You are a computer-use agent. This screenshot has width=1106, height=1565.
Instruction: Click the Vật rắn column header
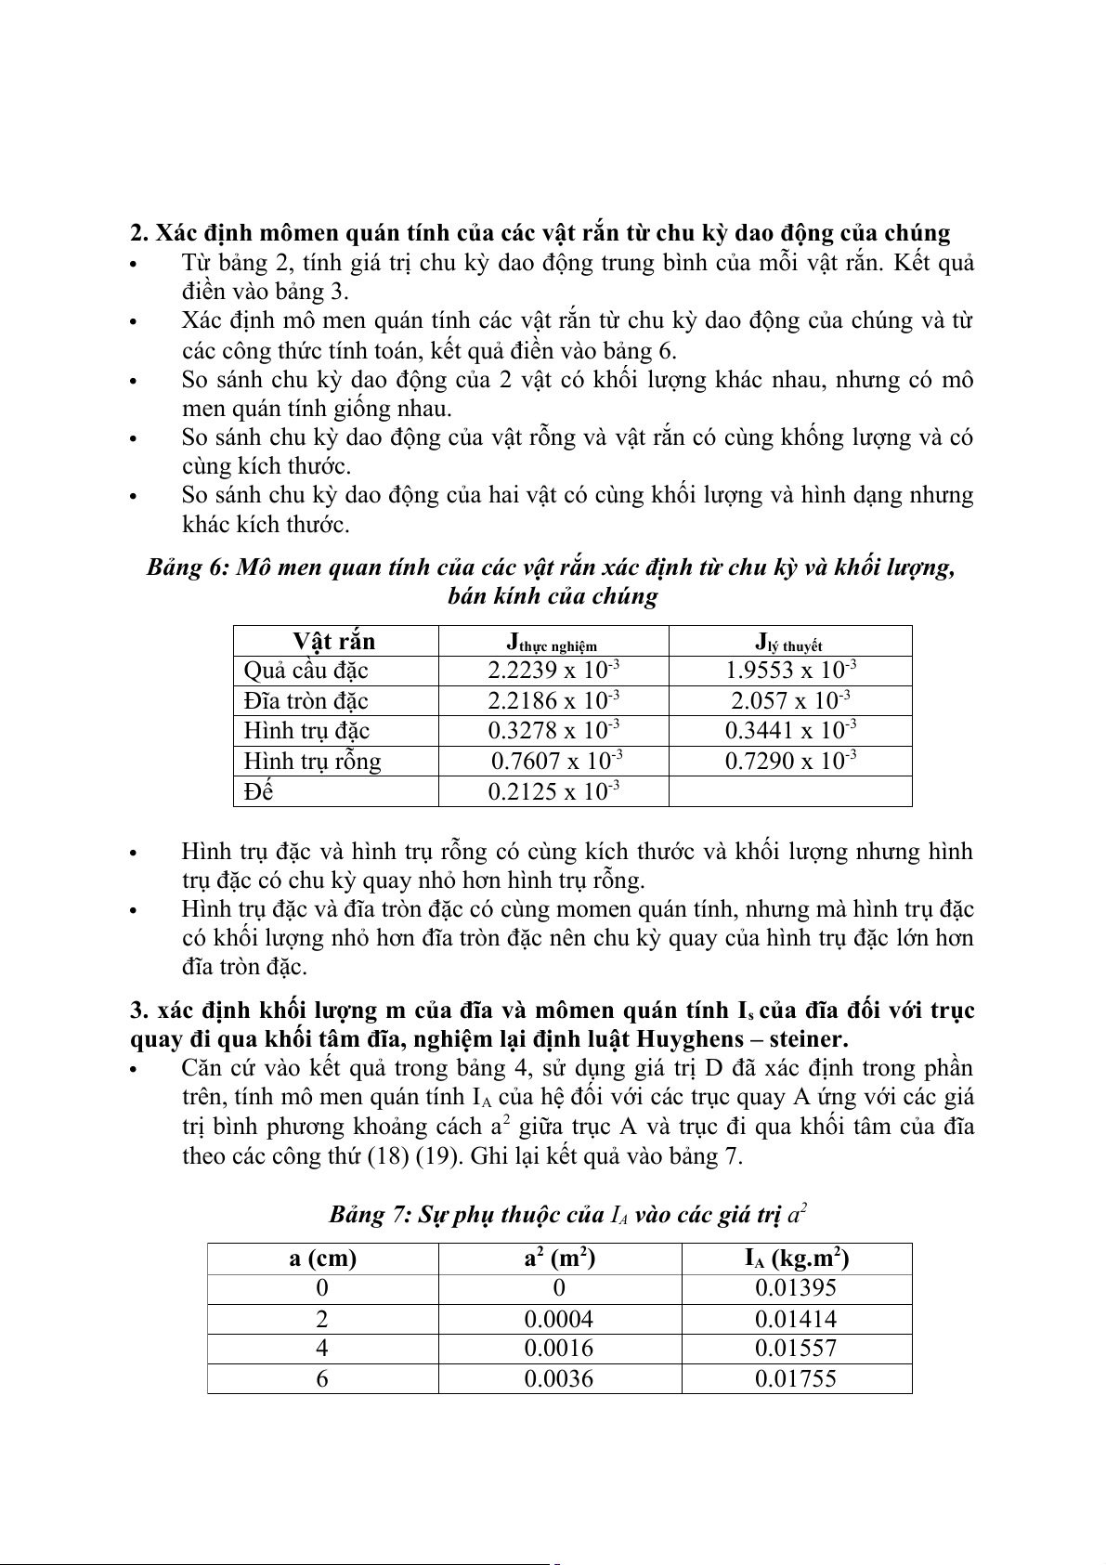pyautogui.click(x=334, y=642)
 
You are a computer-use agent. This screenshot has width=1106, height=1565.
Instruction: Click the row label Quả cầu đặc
pyautogui.click(x=306, y=671)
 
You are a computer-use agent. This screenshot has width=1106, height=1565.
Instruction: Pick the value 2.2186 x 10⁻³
pyautogui.click(x=553, y=700)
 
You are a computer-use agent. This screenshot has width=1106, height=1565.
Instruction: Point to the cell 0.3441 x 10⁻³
pyautogui.click(x=790, y=730)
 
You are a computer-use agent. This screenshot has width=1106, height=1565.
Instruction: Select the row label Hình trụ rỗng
pyautogui.click(x=312, y=762)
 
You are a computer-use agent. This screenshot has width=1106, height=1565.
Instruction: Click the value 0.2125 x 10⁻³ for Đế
pyautogui.click(x=553, y=791)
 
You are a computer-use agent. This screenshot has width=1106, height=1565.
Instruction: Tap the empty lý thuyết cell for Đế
pyautogui.click(x=790, y=791)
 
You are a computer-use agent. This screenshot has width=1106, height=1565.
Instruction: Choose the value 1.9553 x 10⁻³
pyautogui.click(x=790, y=671)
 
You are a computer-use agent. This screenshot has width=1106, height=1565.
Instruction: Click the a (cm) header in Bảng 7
pyautogui.click(x=322, y=1259)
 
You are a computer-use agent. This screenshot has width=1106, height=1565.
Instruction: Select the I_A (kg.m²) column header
pyautogui.click(x=796, y=1259)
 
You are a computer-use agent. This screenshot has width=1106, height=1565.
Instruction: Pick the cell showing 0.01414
pyautogui.click(x=796, y=1319)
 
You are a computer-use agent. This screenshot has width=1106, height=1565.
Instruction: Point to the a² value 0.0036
pyautogui.click(x=559, y=1378)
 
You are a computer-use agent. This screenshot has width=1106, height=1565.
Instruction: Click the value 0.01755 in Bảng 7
pyautogui.click(x=796, y=1378)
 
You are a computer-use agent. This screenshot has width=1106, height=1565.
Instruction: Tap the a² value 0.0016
pyautogui.click(x=559, y=1349)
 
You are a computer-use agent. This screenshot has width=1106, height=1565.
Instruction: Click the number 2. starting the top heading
pyautogui.click(x=139, y=233)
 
